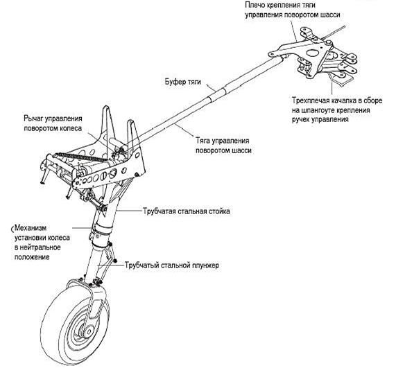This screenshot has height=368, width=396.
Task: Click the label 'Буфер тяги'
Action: pyautogui.click(x=183, y=82)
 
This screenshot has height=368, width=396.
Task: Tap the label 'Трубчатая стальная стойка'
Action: pyautogui.click(x=187, y=211)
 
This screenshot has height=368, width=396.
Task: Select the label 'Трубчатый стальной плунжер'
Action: pyautogui.click(x=172, y=265)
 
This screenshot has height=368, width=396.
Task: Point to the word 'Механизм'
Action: pyautogui.click(x=31, y=228)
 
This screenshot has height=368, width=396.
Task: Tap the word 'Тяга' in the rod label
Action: pyautogui.click(x=203, y=141)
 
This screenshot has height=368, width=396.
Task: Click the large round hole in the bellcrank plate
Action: pyautogui.click(x=312, y=53)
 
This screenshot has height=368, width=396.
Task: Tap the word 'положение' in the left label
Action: pyautogui.click(x=32, y=257)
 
